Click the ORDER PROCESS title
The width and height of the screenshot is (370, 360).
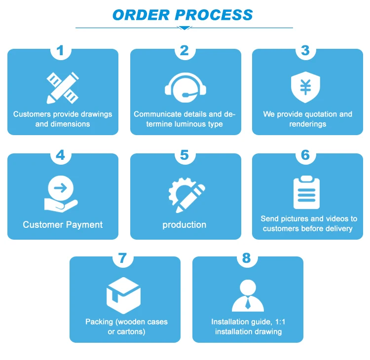click(x=183, y=14)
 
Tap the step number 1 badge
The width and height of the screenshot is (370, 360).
click(x=60, y=50)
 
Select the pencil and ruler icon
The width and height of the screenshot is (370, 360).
click(x=63, y=87)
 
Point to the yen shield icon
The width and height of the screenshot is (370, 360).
click(x=305, y=87)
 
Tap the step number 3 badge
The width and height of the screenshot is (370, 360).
click(x=305, y=50)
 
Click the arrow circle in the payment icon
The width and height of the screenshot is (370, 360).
click(x=63, y=187)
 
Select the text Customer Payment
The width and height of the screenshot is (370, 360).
click(x=63, y=225)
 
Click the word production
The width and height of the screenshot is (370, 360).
click(x=185, y=225)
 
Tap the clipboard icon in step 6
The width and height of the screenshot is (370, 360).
click(x=306, y=193)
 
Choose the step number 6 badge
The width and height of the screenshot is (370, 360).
click(x=305, y=155)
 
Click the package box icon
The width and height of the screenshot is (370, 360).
click(x=123, y=295)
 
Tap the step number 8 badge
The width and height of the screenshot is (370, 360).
click(x=246, y=258)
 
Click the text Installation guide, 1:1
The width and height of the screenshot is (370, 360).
click(x=248, y=322)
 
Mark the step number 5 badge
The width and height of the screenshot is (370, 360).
click(x=185, y=155)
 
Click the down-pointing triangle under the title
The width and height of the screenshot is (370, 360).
click(x=185, y=28)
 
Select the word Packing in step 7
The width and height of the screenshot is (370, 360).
click(x=99, y=322)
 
